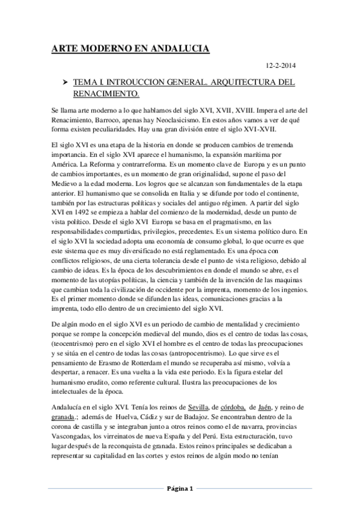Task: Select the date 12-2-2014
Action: click(279, 66)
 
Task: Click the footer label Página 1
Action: click(180, 488)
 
